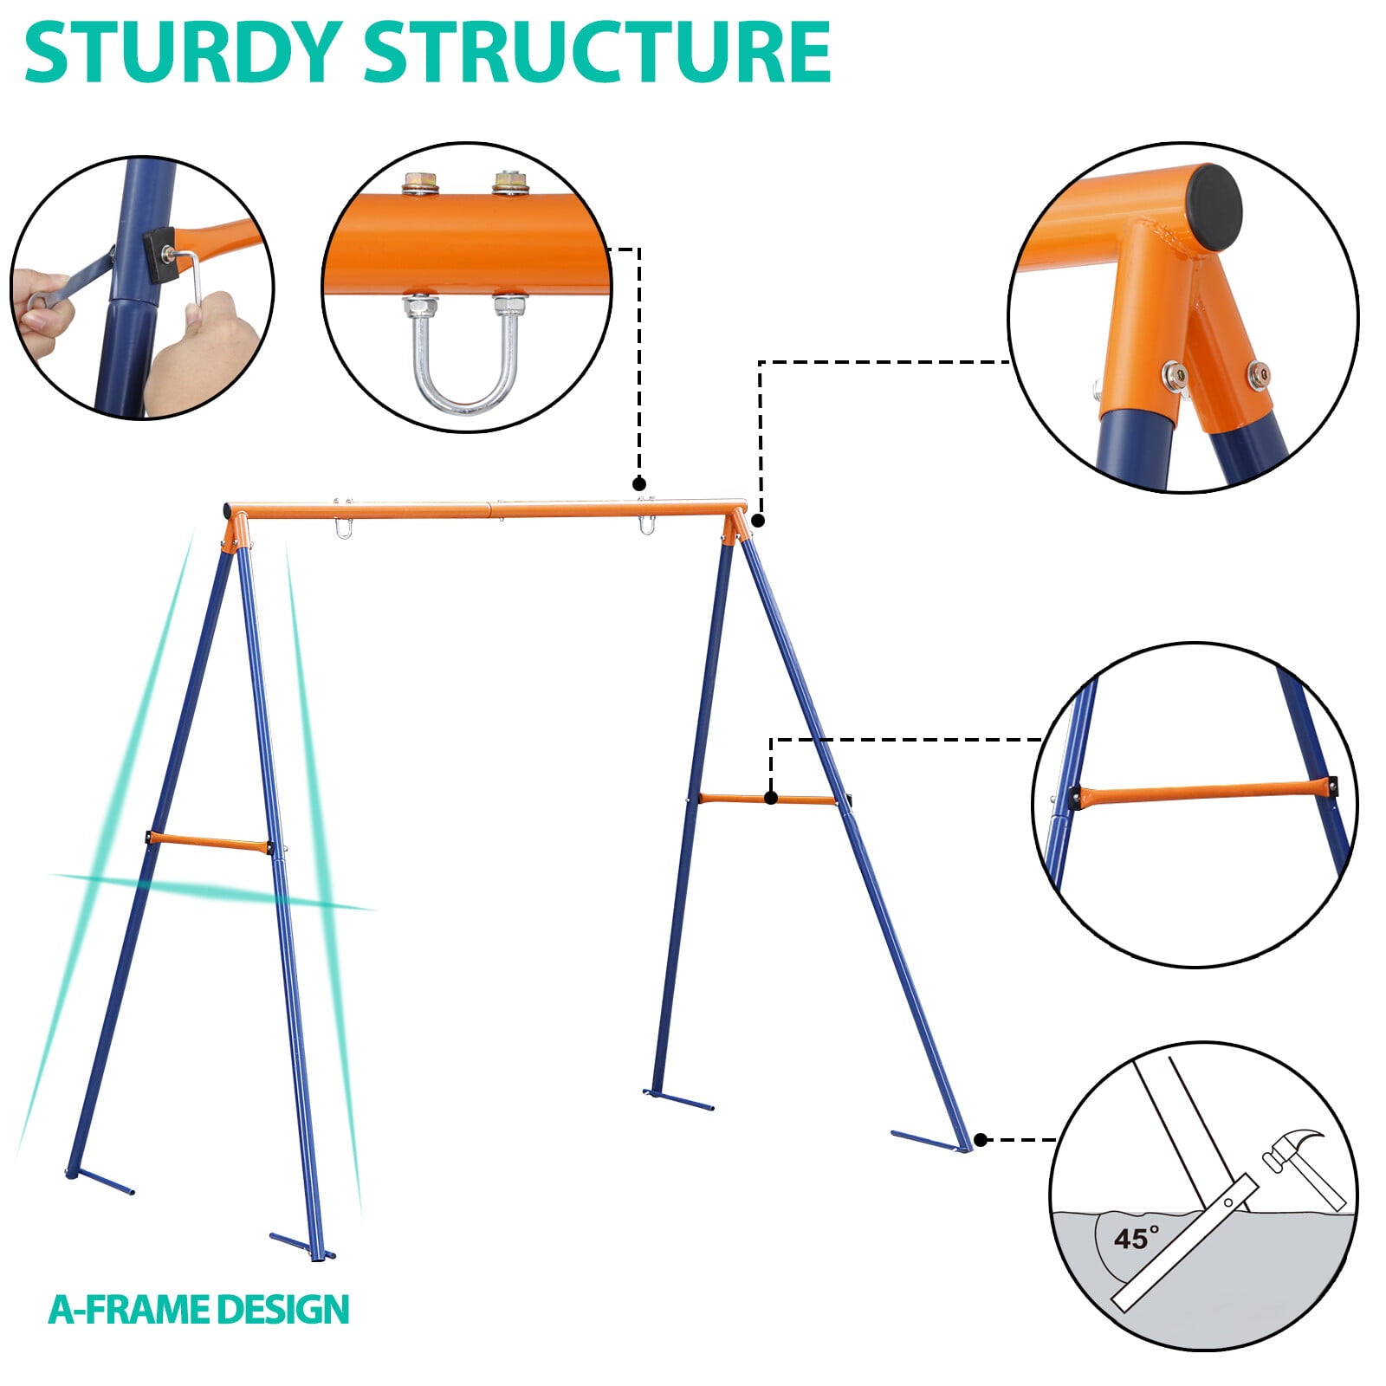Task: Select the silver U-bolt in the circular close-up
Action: [465, 364]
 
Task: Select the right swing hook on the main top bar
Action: [646, 525]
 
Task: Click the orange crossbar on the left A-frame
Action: [208, 843]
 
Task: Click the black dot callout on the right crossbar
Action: [771, 799]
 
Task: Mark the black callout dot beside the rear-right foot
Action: [981, 1140]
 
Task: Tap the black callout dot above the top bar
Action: [639, 483]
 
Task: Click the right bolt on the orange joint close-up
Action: [1258, 375]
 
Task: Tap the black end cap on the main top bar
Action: [227, 509]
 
